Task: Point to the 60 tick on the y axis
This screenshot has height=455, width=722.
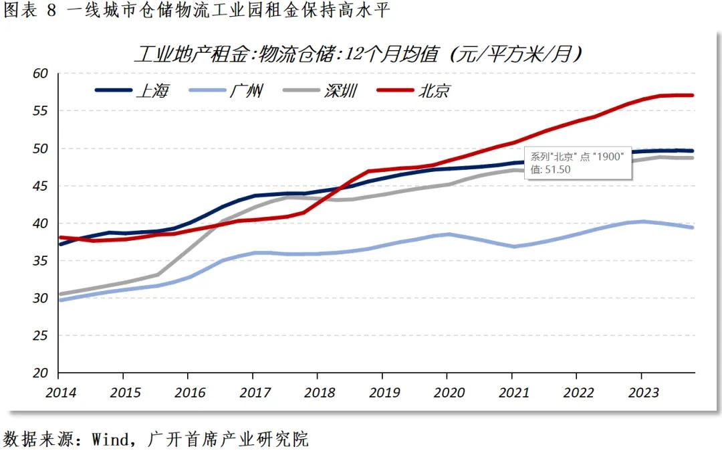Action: tap(41, 74)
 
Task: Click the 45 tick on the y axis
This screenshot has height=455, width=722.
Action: tap(41, 186)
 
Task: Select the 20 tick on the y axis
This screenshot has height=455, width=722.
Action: tap(41, 373)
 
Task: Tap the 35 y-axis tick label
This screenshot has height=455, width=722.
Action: tap(41, 261)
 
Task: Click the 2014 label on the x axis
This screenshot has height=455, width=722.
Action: tap(61, 391)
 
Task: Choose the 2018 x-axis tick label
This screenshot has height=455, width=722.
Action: tap(320, 391)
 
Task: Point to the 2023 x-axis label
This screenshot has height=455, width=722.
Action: tap(642, 391)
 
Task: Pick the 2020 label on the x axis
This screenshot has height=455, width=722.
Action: tap(449, 391)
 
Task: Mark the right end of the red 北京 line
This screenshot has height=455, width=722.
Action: tap(693, 95)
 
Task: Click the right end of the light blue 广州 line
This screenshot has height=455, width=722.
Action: tap(693, 227)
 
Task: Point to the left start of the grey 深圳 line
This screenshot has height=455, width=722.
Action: tap(60, 294)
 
